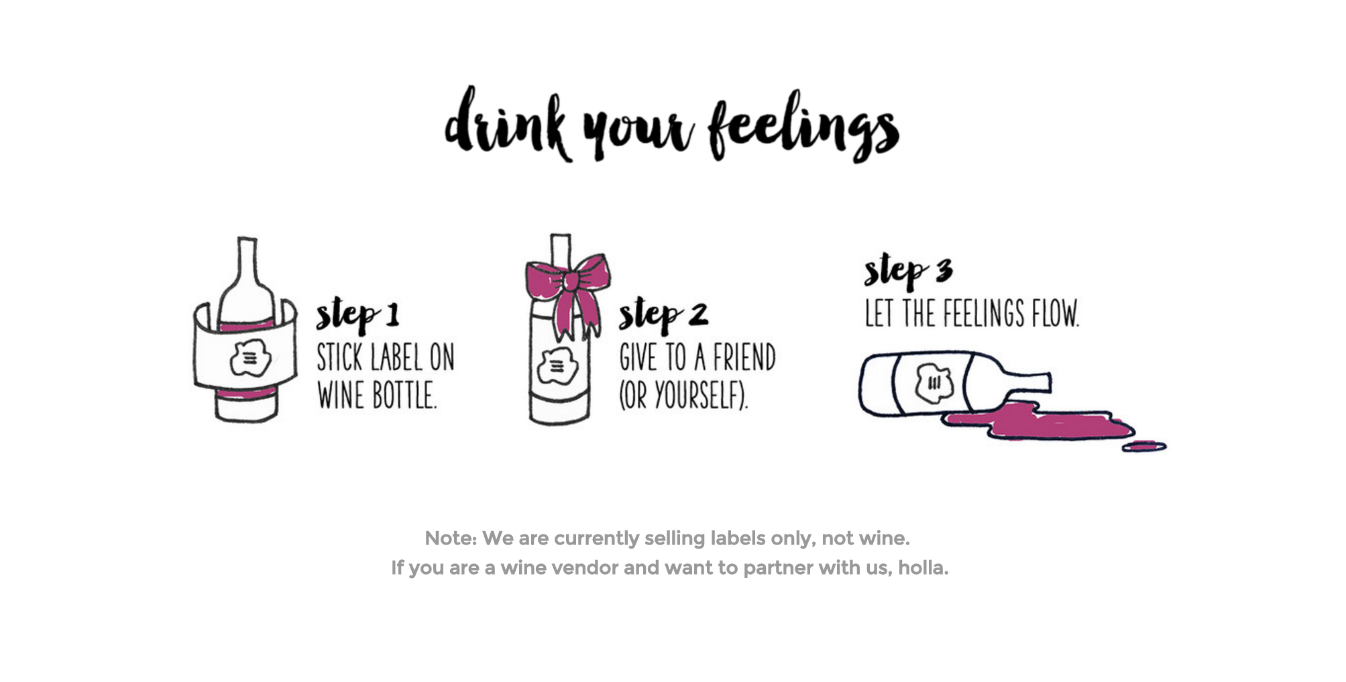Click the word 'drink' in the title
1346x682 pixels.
tap(508, 124)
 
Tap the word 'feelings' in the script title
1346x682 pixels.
tap(803, 126)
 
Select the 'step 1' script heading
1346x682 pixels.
tap(357, 315)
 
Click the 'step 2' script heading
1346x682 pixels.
tap(663, 315)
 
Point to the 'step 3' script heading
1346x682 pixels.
tap(908, 271)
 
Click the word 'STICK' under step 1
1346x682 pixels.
tap(339, 357)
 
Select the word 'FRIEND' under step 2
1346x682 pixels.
tap(744, 357)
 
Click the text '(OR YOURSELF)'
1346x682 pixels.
tap(683, 395)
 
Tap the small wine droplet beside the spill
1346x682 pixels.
tap(1144, 446)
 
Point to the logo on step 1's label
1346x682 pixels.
tap(250, 358)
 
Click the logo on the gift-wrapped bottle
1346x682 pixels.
tap(557, 367)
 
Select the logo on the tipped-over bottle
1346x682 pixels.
tap(935, 383)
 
